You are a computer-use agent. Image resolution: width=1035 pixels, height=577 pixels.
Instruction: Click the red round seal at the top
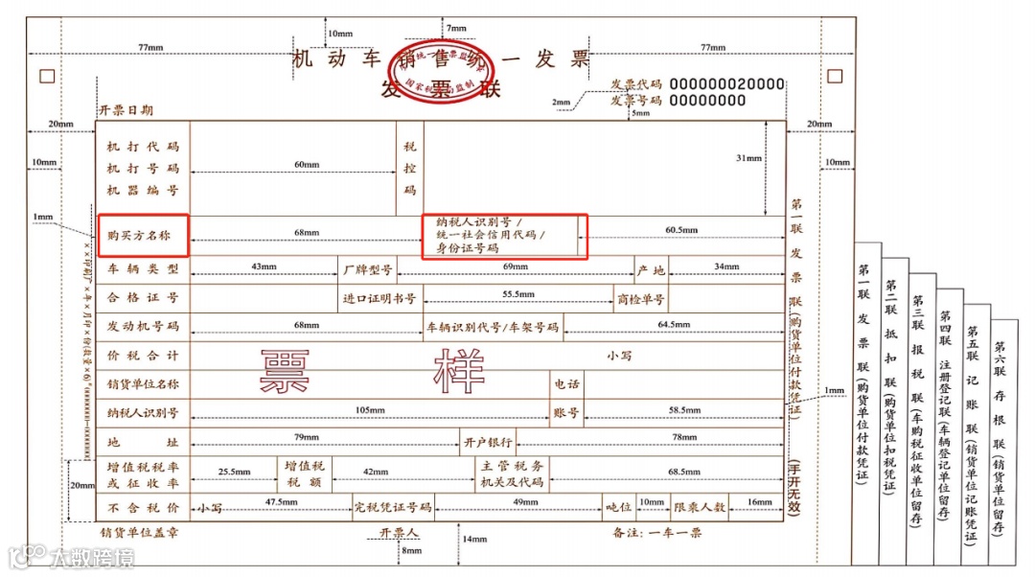441,70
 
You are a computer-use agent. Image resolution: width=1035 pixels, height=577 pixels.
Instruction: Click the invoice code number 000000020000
726,83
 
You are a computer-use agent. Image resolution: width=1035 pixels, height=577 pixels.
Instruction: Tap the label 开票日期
126,110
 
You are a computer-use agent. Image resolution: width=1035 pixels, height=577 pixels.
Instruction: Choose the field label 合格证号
143,298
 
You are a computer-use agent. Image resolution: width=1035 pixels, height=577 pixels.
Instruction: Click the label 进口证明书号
379,298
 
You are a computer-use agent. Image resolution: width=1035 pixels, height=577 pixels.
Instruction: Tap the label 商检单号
641,298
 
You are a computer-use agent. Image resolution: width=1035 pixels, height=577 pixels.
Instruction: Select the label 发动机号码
143,326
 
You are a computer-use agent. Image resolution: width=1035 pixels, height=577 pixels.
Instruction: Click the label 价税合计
143,356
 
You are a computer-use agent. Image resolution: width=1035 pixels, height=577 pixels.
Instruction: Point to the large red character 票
286,371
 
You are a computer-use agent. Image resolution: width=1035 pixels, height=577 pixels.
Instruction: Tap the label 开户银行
488,442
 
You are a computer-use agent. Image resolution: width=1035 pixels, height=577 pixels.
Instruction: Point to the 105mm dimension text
370,410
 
